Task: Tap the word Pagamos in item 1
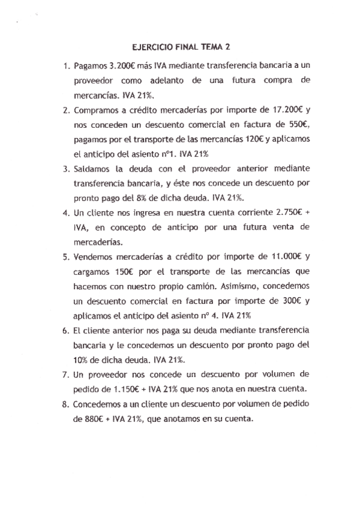pos(91,65)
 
